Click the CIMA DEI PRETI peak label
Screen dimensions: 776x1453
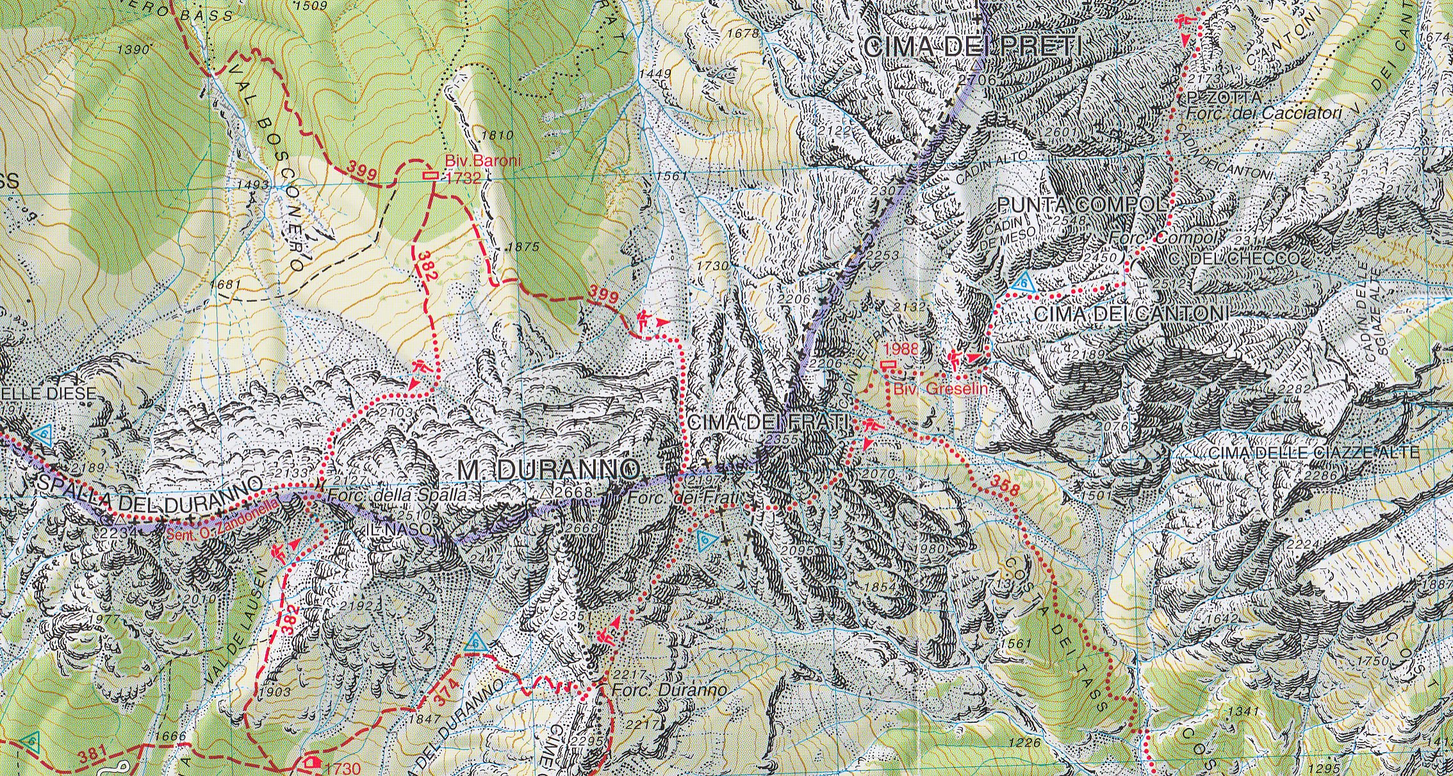(972, 46)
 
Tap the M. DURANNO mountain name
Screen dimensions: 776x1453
(548, 470)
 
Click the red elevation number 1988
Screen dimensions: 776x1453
(901, 350)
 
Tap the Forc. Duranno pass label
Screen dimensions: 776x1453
(669, 691)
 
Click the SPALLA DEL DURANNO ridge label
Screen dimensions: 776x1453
(149, 494)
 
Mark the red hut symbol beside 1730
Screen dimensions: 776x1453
(312, 763)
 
